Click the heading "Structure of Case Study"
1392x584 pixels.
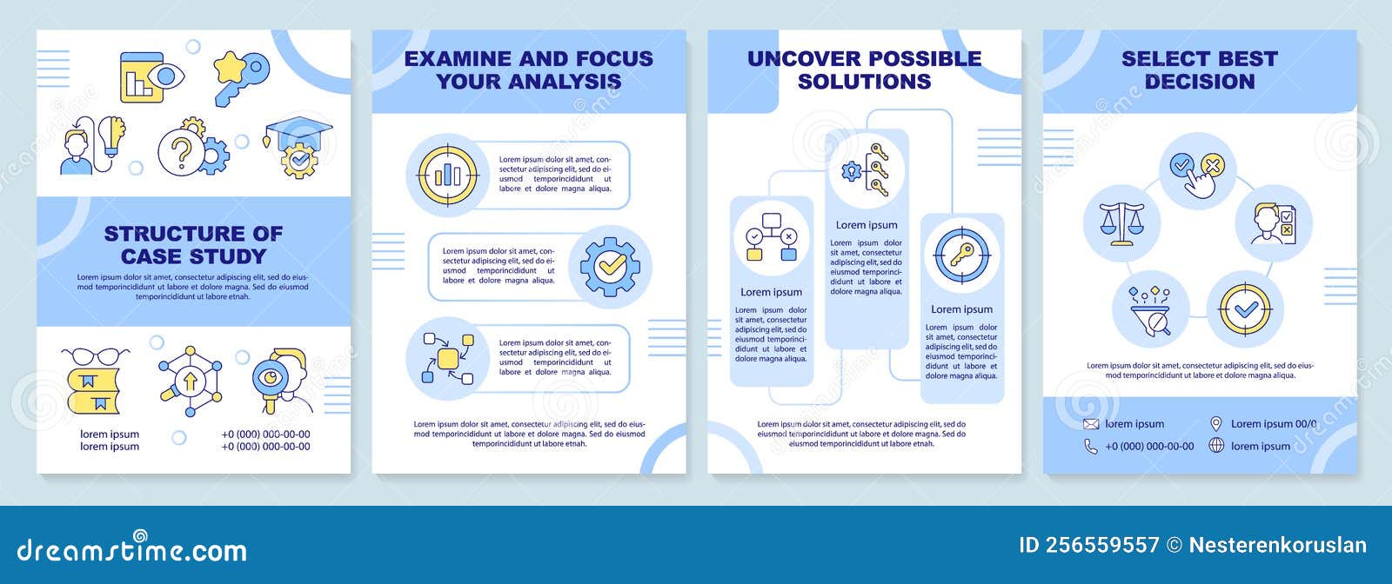(x=193, y=244)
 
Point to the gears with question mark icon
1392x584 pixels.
(x=193, y=149)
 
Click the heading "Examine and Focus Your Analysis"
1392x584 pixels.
(x=528, y=70)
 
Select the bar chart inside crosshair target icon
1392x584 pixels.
(x=447, y=175)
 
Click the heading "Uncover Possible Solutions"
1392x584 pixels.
(x=864, y=70)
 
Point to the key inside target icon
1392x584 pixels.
(x=961, y=255)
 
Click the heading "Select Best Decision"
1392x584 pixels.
(x=1199, y=70)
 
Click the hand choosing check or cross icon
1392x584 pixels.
(x=1198, y=170)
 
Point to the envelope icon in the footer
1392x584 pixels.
(x=1091, y=424)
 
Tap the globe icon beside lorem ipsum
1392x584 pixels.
(x=1216, y=446)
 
